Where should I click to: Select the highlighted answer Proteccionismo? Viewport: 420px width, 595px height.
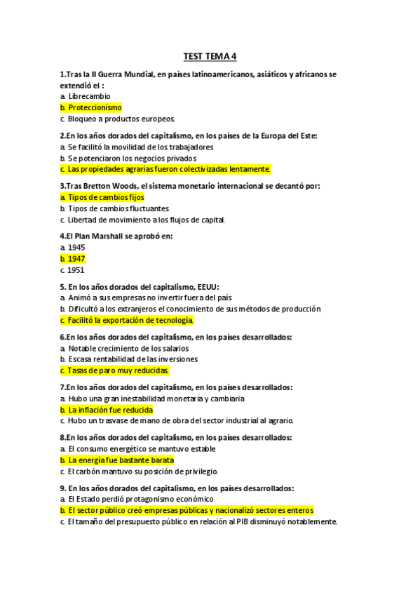coord(95,107)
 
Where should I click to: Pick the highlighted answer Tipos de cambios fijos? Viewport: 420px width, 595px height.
coord(106,197)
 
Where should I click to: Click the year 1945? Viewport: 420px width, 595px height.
coord(76,248)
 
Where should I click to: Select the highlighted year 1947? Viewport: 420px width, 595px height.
coord(76,259)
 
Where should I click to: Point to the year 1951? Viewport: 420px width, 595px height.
coord(76,270)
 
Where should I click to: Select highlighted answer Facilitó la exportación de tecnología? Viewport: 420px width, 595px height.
coord(130,320)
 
